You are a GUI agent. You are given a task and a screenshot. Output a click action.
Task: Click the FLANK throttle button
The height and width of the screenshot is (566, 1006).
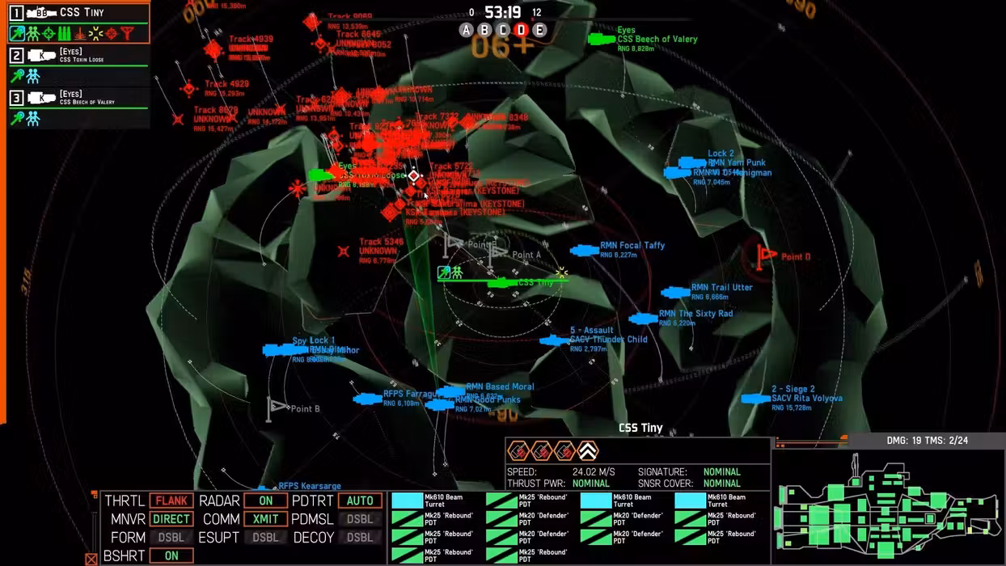point(171,501)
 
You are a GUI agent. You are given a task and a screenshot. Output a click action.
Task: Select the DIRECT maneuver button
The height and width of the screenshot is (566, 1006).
point(171,519)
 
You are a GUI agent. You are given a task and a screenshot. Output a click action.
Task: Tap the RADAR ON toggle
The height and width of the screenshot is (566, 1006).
point(265,501)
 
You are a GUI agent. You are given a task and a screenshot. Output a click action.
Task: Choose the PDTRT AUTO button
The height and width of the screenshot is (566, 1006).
point(360,501)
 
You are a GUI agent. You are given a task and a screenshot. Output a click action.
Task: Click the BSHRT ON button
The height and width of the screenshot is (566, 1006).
point(171,556)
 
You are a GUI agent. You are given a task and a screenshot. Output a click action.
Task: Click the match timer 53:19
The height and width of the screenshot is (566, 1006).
point(502,12)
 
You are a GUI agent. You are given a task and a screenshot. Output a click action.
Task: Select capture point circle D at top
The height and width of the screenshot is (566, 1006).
point(521,30)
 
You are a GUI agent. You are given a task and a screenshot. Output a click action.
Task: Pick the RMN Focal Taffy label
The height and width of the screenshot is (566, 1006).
point(632,245)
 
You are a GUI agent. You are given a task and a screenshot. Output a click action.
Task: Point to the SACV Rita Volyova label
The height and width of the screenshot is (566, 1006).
point(806,398)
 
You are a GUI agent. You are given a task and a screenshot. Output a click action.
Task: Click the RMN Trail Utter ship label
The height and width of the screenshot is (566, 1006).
point(721,287)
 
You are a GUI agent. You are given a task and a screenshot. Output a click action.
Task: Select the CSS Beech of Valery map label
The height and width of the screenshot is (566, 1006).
point(657,39)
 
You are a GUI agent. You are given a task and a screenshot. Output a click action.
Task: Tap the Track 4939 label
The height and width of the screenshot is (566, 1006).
point(251,39)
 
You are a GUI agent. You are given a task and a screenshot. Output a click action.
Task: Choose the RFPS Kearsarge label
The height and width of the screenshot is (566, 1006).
point(310,486)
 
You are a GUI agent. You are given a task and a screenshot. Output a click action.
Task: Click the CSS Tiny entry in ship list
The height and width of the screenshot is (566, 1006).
point(81,13)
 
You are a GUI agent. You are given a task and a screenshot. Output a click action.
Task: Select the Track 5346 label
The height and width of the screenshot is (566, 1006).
point(381,242)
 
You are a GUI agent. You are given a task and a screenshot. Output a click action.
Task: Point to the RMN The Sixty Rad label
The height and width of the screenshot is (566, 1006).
point(695,314)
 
